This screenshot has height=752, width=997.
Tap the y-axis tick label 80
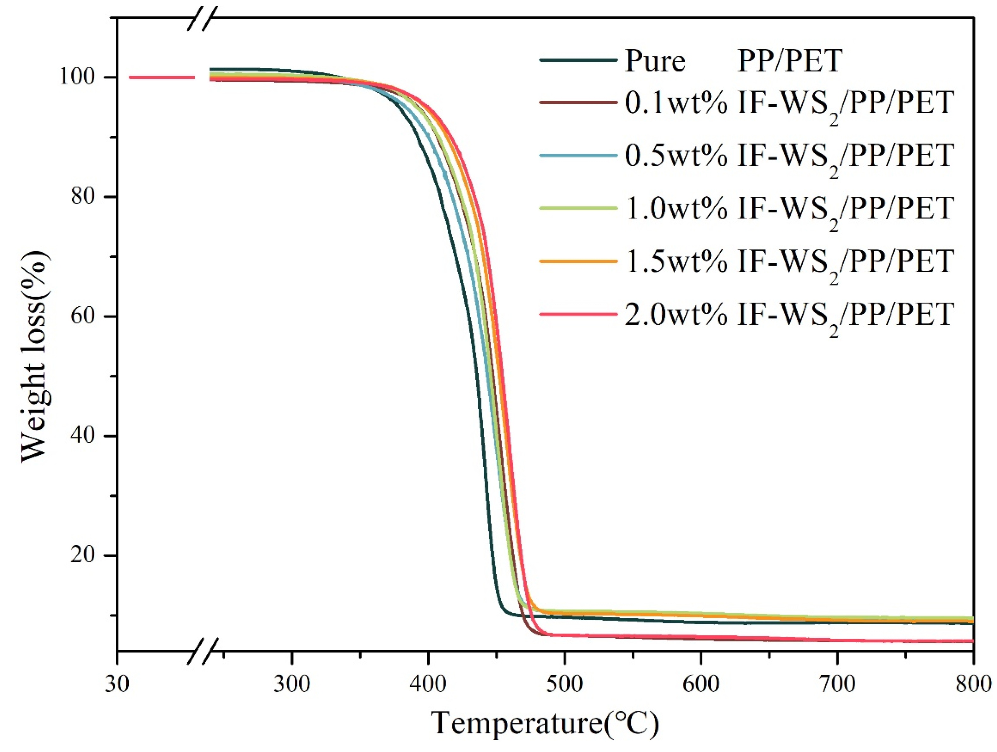point(83,197)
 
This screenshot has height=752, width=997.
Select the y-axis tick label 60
point(83,316)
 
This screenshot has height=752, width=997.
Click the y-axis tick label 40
point(83,435)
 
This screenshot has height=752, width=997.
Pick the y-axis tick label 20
point(83,555)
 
